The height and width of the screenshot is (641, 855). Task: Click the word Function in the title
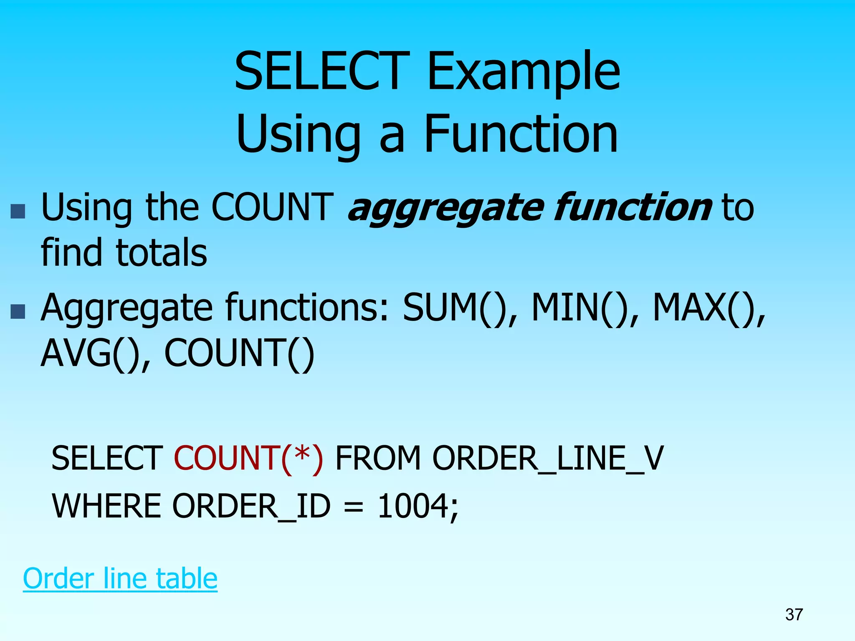click(x=521, y=134)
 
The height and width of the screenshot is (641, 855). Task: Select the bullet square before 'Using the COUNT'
click(x=18, y=212)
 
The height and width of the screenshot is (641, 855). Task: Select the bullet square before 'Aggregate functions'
click(x=18, y=311)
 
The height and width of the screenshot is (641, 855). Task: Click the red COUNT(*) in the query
click(x=248, y=459)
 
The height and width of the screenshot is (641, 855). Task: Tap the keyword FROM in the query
click(x=378, y=459)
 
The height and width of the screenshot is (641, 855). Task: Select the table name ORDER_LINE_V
click(x=547, y=459)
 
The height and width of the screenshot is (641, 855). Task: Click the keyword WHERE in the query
click(x=106, y=506)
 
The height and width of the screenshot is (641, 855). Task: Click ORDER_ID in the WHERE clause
click(x=251, y=506)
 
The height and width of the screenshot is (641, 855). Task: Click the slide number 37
click(x=794, y=615)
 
